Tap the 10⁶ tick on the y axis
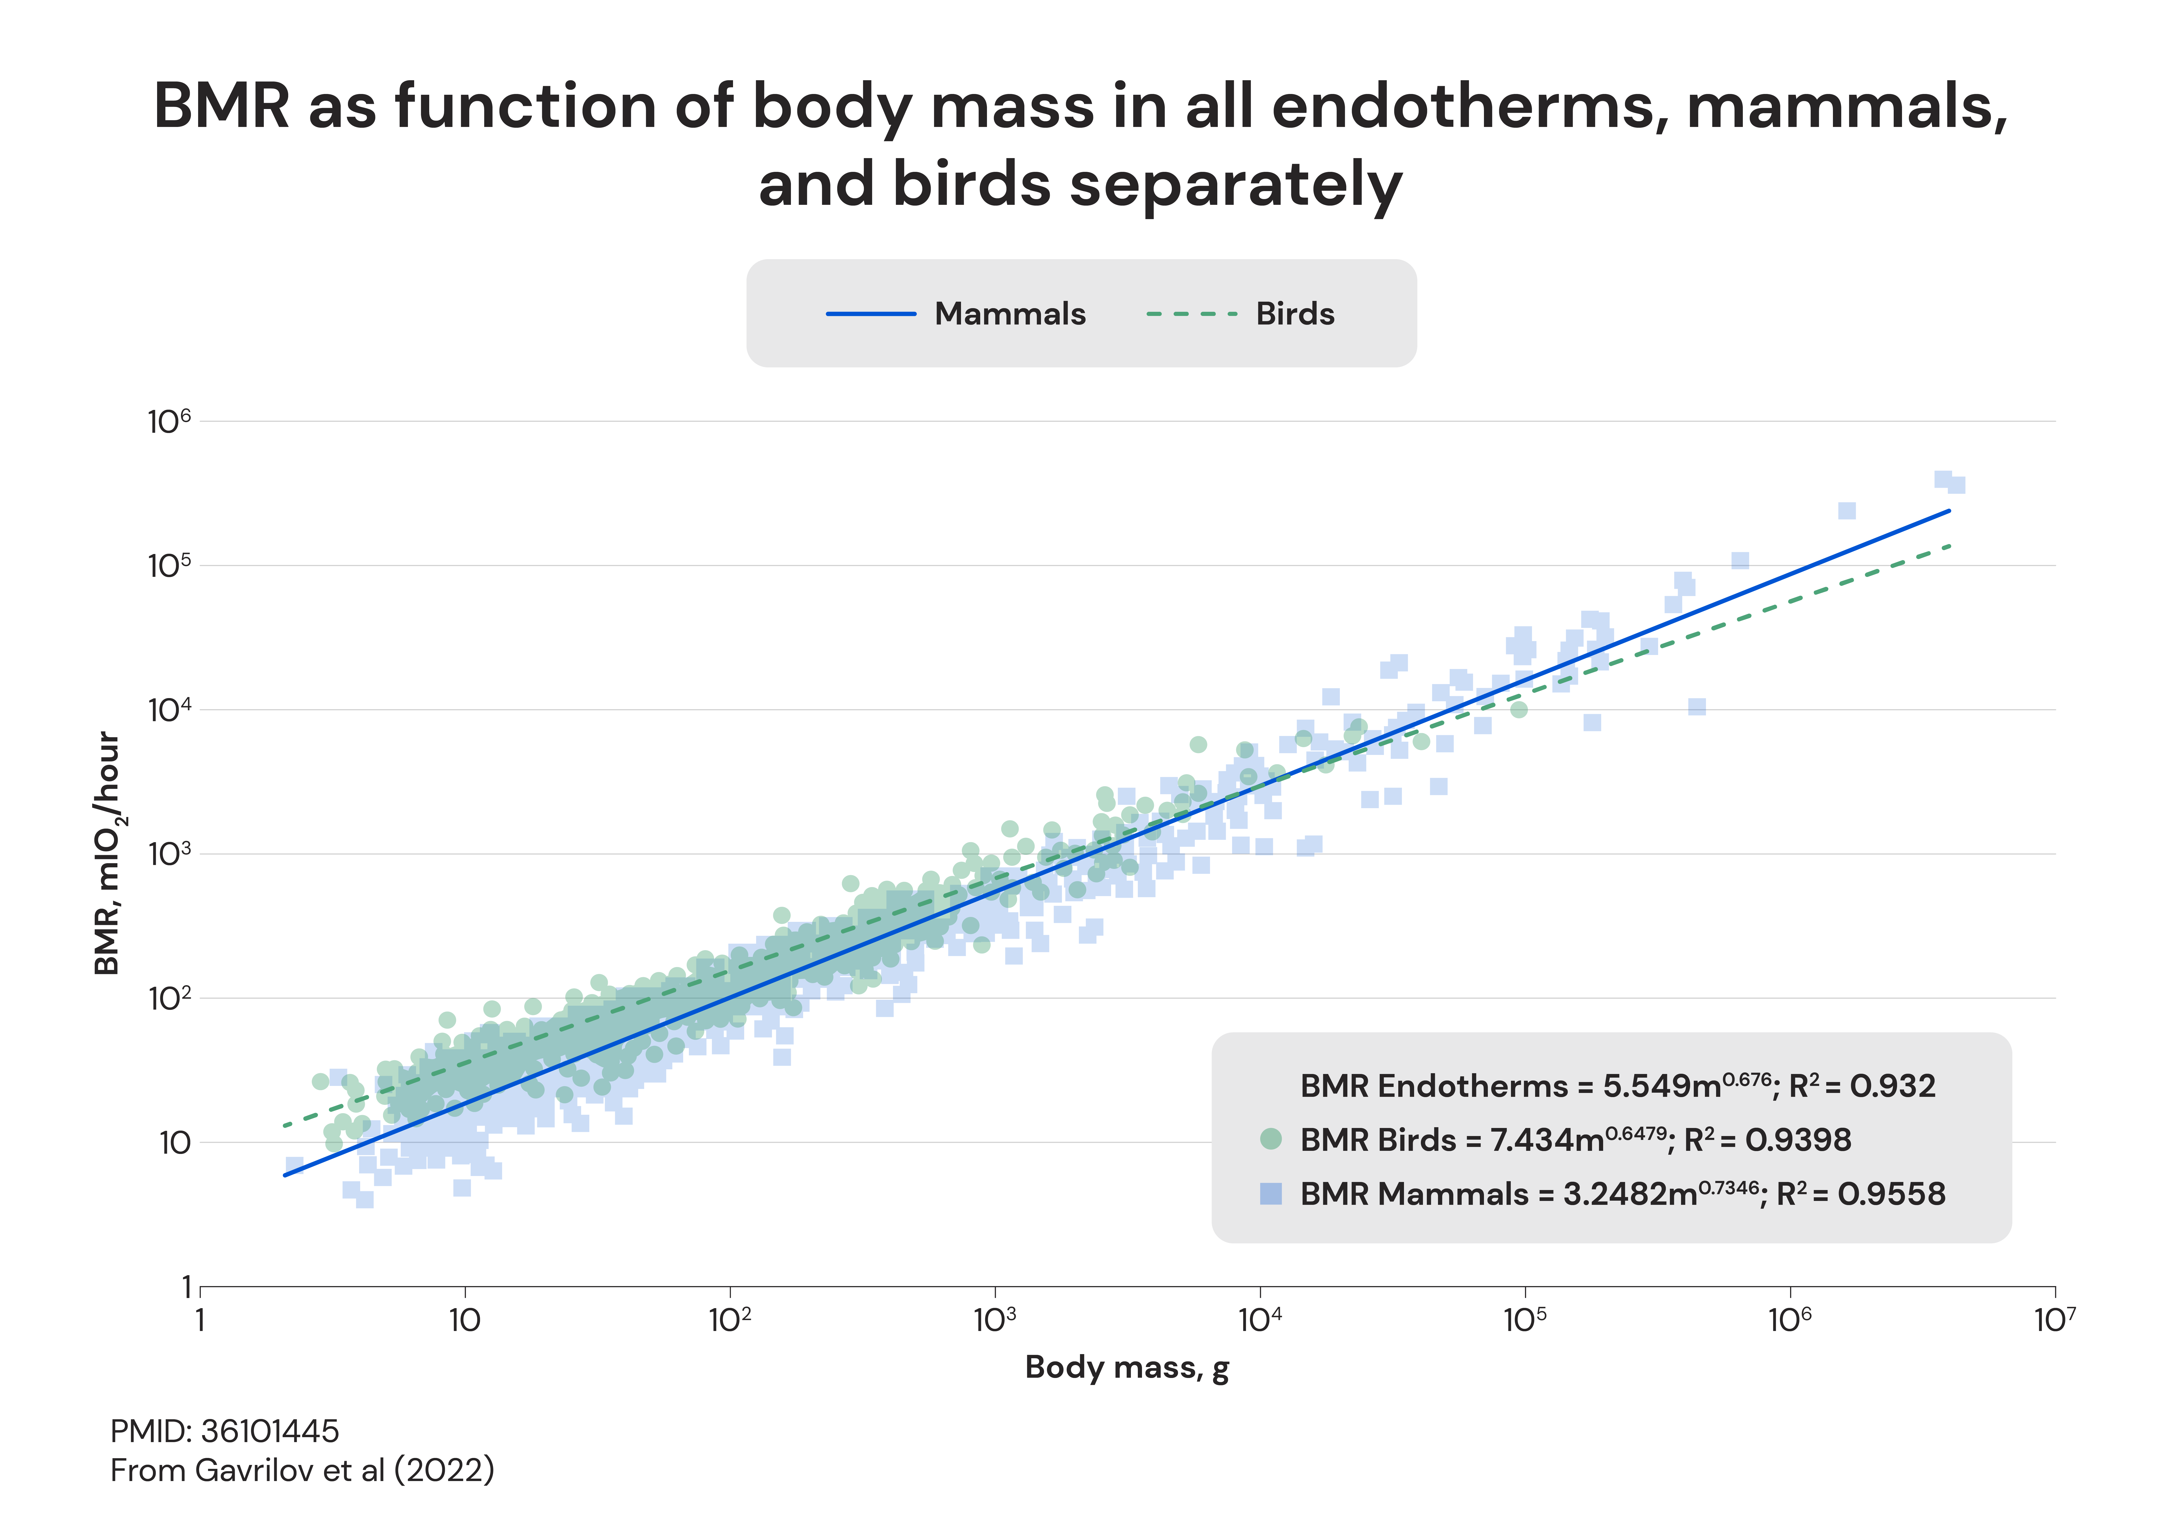170,421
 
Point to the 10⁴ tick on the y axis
170,709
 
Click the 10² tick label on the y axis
170,998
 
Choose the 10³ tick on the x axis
995,1320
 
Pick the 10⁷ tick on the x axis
2054,1320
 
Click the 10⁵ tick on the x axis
1524,1320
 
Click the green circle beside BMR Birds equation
1271,1139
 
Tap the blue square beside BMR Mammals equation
1271,1194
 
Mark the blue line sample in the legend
871,314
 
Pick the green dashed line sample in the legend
1191,314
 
